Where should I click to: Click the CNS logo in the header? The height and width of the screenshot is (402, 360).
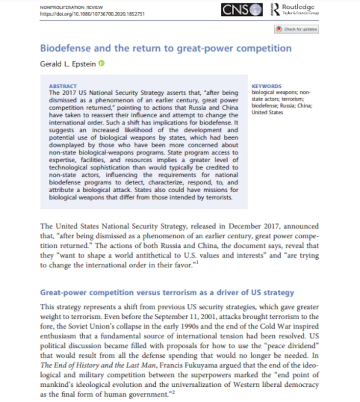[x=242, y=9]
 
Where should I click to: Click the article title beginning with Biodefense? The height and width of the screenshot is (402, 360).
[x=166, y=48]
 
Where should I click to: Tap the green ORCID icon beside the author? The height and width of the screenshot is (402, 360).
[x=101, y=63]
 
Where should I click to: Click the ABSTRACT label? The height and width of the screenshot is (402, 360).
[x=63, y=85]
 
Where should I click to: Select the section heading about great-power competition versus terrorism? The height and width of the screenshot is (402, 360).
[x=167, y=293]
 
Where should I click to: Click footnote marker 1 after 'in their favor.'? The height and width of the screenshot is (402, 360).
[x=197, y=263]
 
